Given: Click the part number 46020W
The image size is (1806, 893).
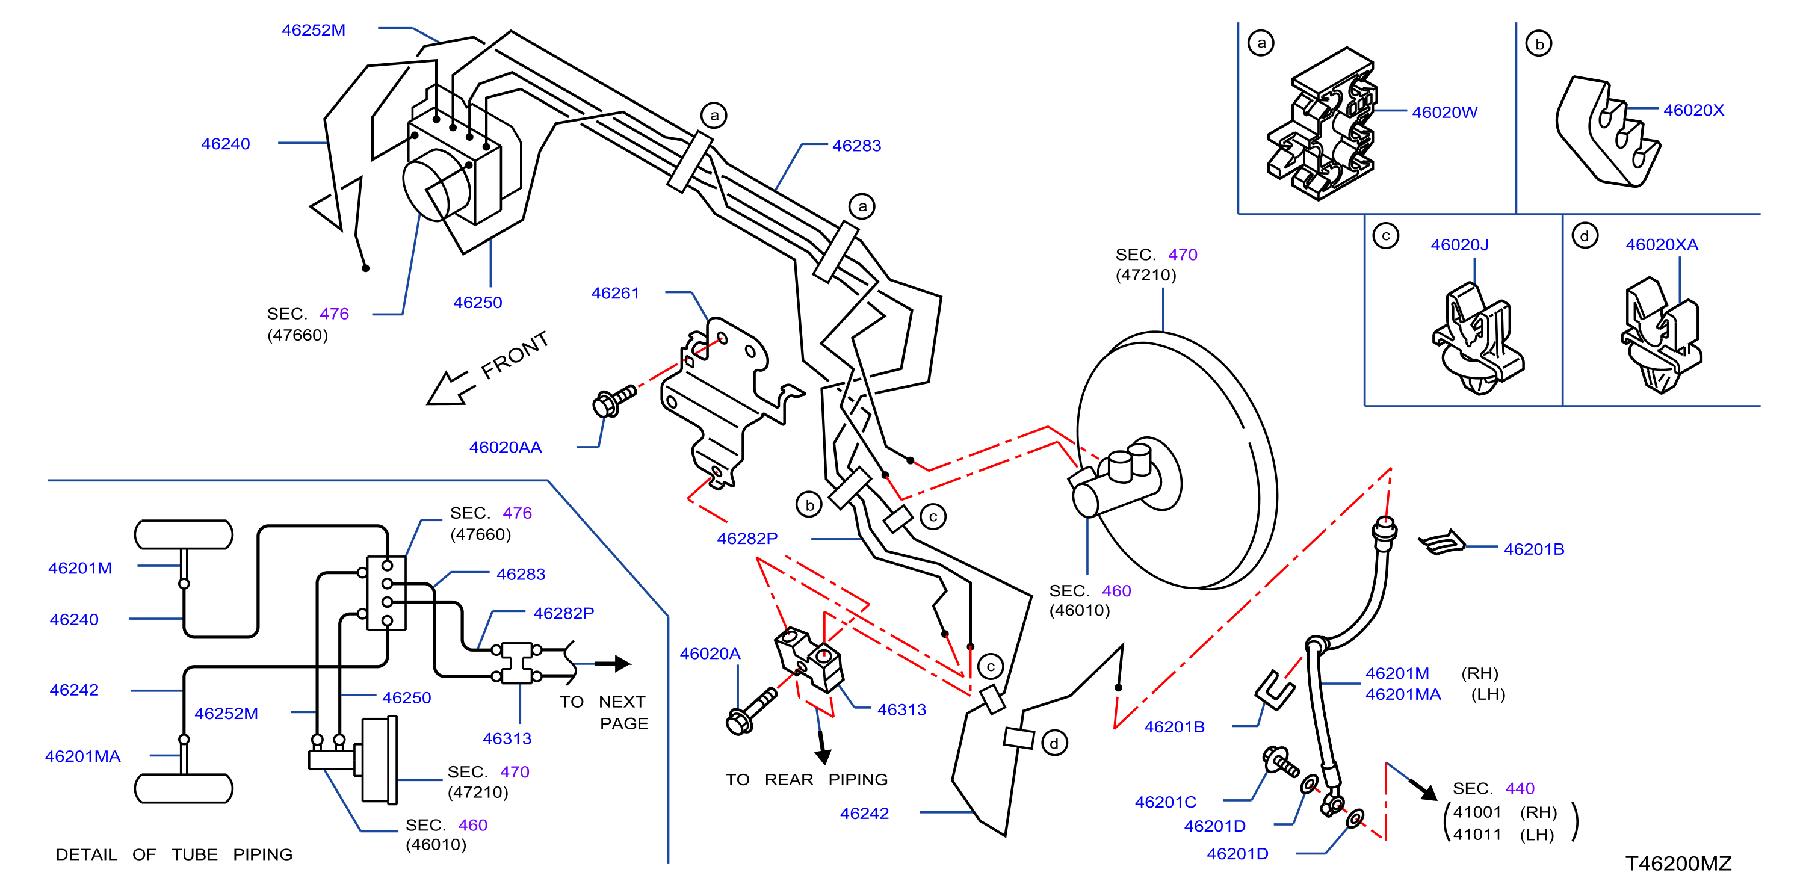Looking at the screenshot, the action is tap(1444, 112).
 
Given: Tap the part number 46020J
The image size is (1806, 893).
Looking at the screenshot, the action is tap(1459, 245).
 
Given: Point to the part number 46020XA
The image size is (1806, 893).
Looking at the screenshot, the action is tap(1662, 245).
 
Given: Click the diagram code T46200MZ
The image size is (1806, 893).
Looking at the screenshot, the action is tap(1678, 864).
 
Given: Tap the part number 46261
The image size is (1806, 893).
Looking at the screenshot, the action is tap(615, 293).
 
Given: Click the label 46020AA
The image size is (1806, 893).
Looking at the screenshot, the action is tap(505, 447).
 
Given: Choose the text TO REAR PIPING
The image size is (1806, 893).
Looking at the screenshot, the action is tap(806, 779).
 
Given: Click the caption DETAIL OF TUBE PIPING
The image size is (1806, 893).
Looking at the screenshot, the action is tap(174, 854).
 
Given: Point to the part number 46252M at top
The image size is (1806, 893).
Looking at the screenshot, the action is tap(314, 30).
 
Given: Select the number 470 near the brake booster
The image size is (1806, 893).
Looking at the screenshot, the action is tap(1183, 255).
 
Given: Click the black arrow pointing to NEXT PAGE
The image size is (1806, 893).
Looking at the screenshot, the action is tap(613, 663).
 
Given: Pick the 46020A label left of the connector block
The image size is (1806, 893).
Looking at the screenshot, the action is tap(710, 654).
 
